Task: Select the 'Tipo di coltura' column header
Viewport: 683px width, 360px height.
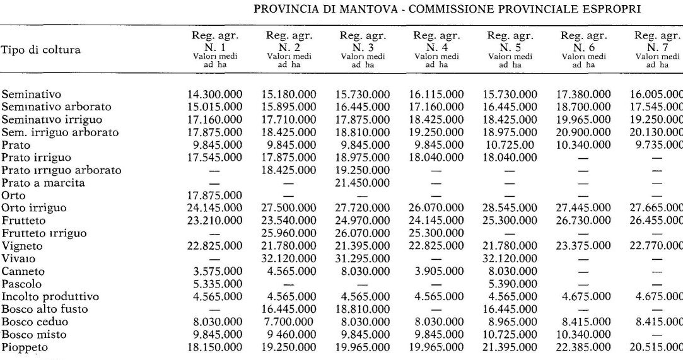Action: [41, 50]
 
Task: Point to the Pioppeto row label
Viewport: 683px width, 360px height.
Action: [25, 347]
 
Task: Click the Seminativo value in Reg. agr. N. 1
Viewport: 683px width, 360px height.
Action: [215, 95]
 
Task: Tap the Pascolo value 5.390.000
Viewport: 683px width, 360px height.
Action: [511, 284]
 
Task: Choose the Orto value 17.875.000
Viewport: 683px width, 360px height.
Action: [215, 195]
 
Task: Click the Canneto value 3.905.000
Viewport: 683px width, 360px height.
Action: [437, 271]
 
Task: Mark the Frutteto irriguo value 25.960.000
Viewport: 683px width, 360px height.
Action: [289, 233]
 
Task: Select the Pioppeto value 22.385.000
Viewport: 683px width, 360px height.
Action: [585, 347]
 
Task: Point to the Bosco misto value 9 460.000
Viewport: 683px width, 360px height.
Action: [289, 334]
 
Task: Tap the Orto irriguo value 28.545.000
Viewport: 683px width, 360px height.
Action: [511, 208]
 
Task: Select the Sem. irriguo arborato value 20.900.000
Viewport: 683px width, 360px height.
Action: [585, 132]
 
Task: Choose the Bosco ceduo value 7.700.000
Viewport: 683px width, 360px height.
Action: [289, 322]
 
